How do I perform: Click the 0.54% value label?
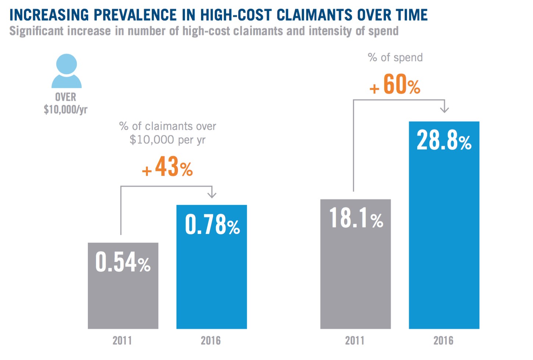pos(123,262)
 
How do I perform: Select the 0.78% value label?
pos(212,224)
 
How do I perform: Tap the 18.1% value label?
pos(356,218)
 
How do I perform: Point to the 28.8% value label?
pos(444,141)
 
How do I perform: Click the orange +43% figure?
pos(168,167)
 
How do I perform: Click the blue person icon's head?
pos(67,64)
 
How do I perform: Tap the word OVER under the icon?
pos(66,97)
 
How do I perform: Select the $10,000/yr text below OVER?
pos(65,109)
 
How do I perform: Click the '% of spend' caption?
pos(395,58)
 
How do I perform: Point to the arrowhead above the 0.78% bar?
pos(212,194)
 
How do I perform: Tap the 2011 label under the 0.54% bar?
pos(122,341)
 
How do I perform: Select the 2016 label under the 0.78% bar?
pos(211,341)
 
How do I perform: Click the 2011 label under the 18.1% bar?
pos(355,341)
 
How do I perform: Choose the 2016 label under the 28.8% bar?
pos(443,341)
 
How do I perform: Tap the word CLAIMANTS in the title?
pos(315,15)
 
